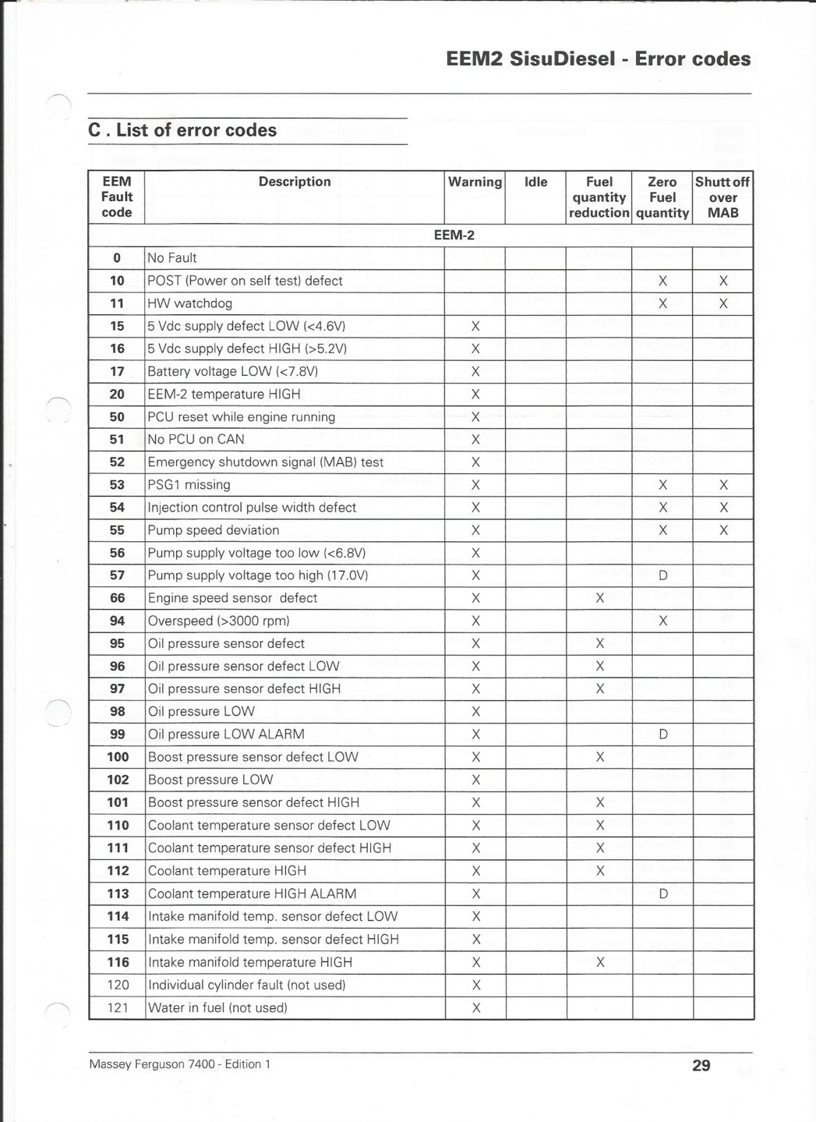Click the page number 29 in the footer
701,1065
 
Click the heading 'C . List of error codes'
182,130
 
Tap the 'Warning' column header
475,182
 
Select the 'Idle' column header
536,182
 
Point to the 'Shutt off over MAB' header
722,196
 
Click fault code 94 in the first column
117,621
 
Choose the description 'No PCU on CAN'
196,439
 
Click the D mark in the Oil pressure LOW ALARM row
663,734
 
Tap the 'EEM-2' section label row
454,235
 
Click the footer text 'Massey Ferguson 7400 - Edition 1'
180,1064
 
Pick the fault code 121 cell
117,1007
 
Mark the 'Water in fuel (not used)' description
217,1007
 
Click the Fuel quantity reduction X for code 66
600,598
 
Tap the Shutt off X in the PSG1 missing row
723,485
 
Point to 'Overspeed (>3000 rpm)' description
218,621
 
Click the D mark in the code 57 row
663,575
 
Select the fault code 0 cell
117,258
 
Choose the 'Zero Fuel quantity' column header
662,196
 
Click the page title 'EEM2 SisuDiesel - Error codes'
599,59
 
